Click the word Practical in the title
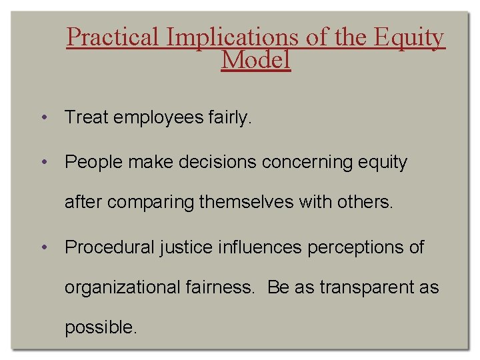(x=113, y=38)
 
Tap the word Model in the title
(x=256, y=60)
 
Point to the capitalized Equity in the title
(x=409, y=38)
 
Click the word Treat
(x=87, y=118)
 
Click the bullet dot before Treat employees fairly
(x=43, y=119)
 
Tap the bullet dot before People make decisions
(x=43, y=162)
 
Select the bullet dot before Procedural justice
(x=43, y=248)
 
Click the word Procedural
(x=110, y=247)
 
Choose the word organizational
(x=122, y=288)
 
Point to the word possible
(x=101, y=327)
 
